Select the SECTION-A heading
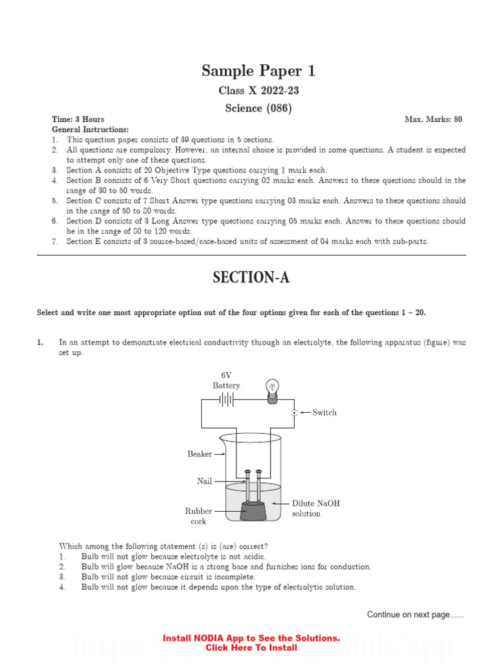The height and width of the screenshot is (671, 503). coord(251,278)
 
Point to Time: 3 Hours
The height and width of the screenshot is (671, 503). coord(78,119)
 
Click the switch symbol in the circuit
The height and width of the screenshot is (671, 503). coord(295,412)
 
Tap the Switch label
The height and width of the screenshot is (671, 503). coord(324,412)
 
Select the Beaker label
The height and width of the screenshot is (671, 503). coord(199,453)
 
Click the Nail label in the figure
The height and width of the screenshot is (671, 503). coord(204,481)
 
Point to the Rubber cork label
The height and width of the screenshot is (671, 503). coord(198,516)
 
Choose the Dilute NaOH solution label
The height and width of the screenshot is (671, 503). coord(316,508)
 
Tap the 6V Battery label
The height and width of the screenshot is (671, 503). coord(226,380)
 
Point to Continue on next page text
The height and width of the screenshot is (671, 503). coord(415,615)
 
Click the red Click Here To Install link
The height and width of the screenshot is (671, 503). coord(251,647)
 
